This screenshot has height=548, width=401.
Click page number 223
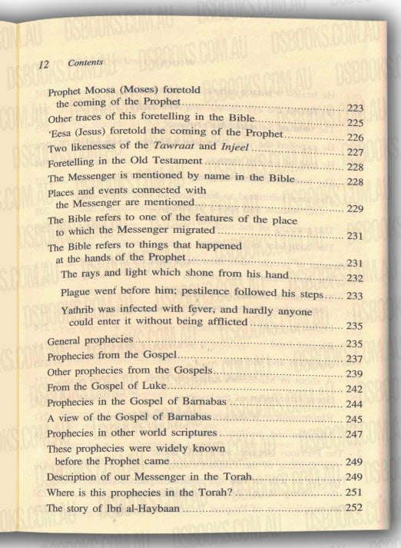(355, 105)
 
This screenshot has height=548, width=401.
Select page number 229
(354, 208)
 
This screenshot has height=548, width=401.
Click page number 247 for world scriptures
(354, 434)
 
